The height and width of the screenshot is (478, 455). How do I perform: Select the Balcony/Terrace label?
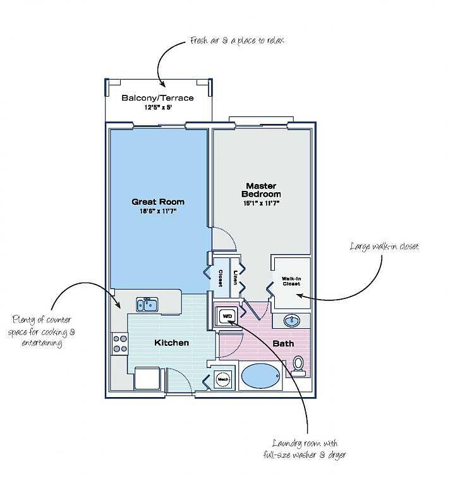[x=157, y=98]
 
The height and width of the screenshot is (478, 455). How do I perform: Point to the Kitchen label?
[x=172, y=343]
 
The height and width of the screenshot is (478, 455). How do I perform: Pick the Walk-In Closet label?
[x=291, y=281]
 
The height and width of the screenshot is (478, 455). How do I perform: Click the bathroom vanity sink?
[x=293, y=320]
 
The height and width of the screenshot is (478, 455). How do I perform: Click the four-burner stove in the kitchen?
[x=119, y=344]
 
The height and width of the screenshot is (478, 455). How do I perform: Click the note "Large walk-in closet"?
[x=384, y=246]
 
